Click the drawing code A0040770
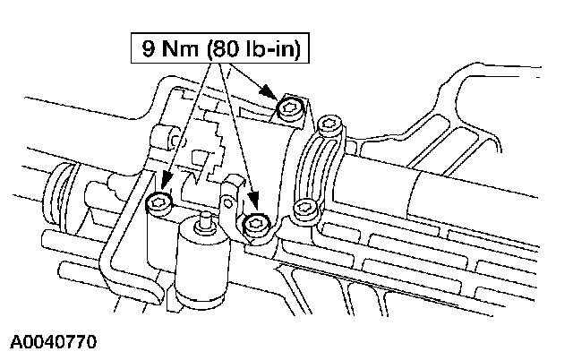[54, 343]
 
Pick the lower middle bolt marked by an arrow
[258, 221]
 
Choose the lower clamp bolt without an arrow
[306, 210]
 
